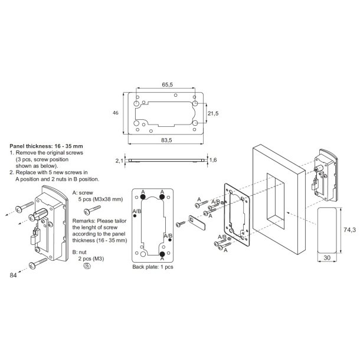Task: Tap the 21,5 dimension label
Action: (214, 112)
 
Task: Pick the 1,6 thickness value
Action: (213, 160)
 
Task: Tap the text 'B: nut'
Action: (81, 251)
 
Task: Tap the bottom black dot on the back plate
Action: (162, 255)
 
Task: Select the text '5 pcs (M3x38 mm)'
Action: (101, 199)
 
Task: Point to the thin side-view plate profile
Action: (166, 160)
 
